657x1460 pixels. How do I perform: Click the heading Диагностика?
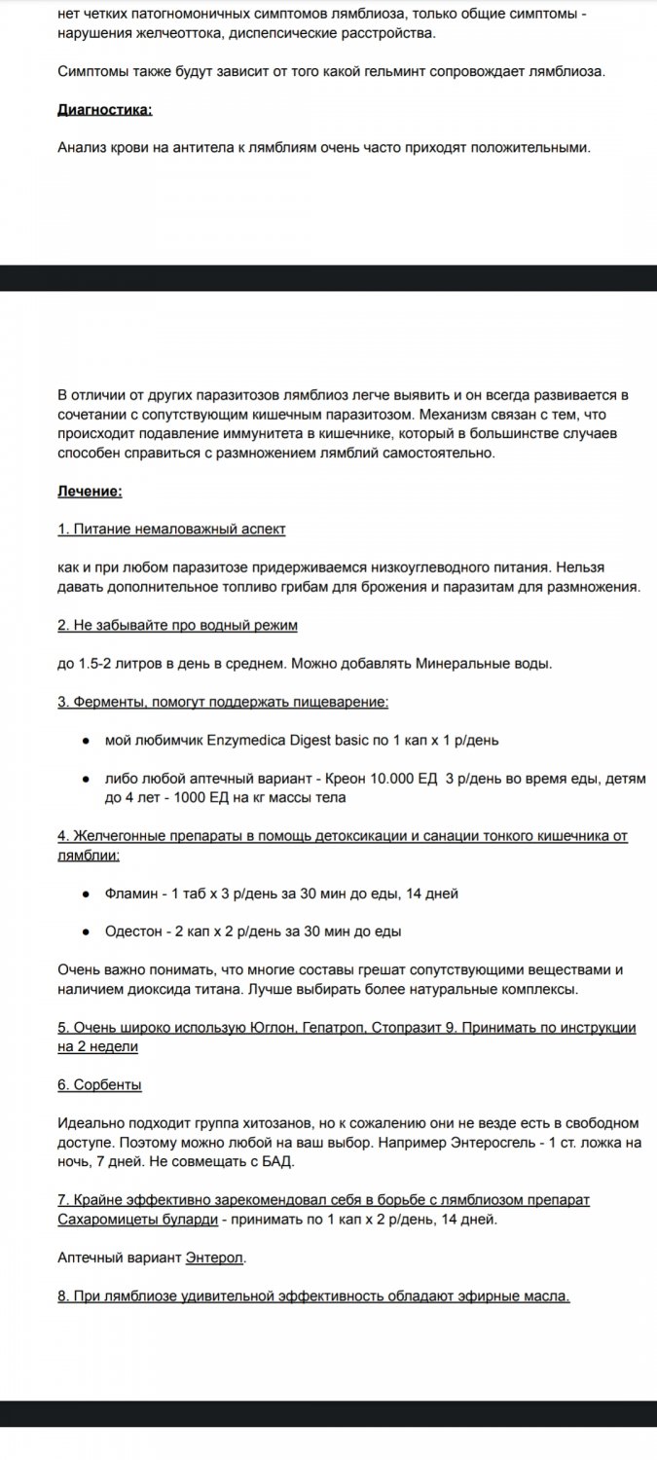click(105, 110)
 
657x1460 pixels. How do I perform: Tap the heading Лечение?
click(90, 492)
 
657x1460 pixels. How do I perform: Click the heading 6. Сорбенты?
click(99, 1084)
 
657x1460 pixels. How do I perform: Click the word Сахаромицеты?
click(104, 1219)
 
